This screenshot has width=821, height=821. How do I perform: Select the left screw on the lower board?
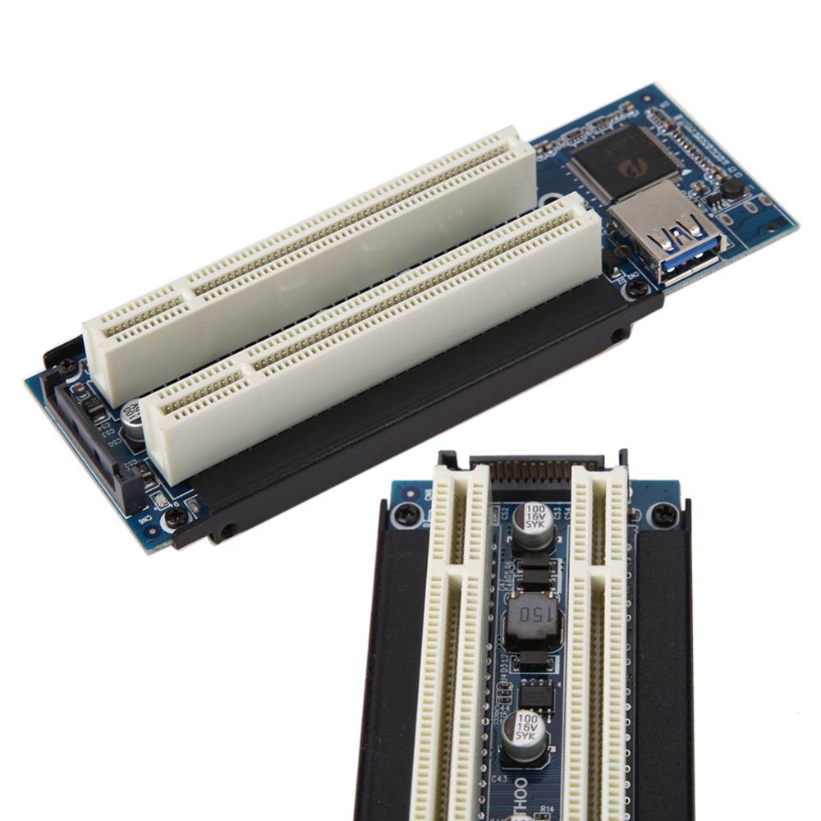point(404,514)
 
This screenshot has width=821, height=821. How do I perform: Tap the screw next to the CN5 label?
point(176,517)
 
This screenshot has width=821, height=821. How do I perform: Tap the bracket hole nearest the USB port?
point(617,335)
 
